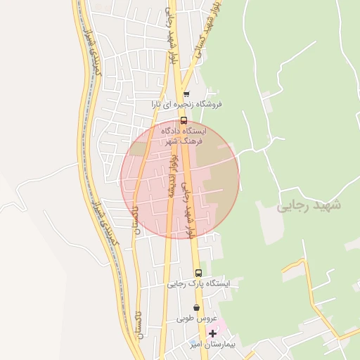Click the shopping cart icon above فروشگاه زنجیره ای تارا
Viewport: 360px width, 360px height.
pos(186,94)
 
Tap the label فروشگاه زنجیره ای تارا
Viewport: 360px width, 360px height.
pos(189,104)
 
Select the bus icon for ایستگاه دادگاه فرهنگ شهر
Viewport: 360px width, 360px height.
pos(184,120)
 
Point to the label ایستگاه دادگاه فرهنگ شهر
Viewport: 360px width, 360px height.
pos(185,136)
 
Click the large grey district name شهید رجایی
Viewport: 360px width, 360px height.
pos(309,205)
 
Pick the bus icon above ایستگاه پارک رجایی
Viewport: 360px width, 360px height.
pos(198,273)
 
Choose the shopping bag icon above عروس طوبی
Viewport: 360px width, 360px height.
pos(196,307)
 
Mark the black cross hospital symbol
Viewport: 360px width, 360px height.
pos(212,333)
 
